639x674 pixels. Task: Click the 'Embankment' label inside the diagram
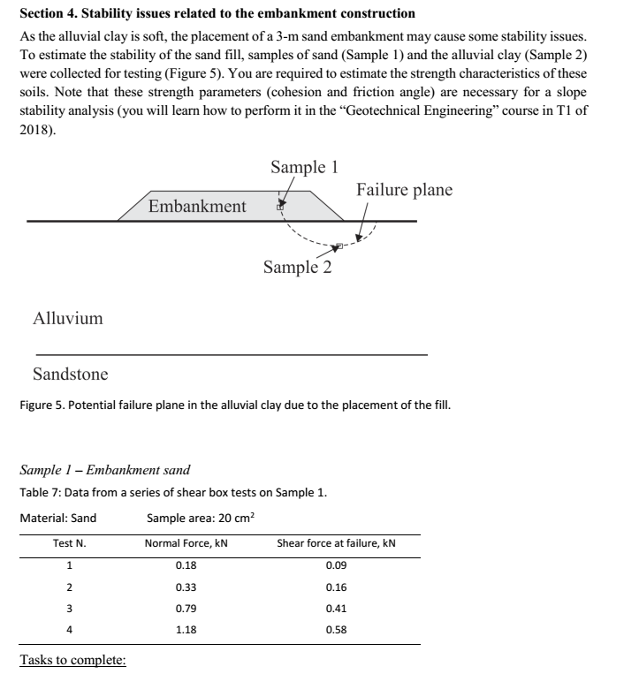pos(197,206)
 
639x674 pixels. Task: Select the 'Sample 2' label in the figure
pos(298,267)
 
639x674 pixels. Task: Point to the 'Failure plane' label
pos(404,190)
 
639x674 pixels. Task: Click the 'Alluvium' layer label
pos(68,318)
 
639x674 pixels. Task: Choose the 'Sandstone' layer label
pos(71,374)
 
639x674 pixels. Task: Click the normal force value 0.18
pos(186,564)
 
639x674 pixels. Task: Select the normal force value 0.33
pos(186,587)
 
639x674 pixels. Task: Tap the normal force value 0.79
pos(186,609)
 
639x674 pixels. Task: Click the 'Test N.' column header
pos(69,542)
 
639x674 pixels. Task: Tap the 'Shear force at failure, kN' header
pos(336,542)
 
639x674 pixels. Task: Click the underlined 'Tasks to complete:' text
pos(72,661)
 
